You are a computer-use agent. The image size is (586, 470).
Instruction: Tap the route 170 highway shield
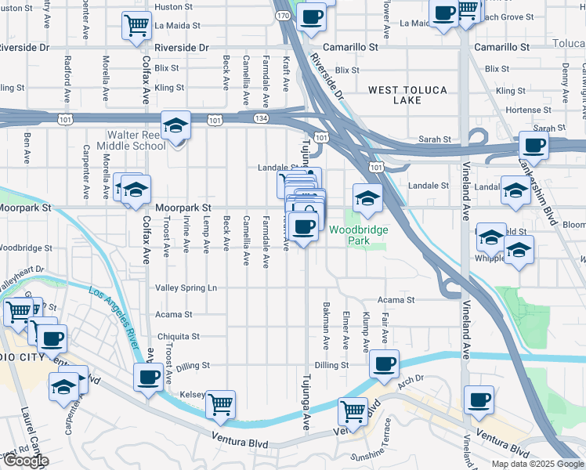284,15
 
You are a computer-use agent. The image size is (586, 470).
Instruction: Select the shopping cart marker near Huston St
137,25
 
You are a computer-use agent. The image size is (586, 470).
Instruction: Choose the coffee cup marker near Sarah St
535,145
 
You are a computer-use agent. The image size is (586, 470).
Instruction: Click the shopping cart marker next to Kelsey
221,404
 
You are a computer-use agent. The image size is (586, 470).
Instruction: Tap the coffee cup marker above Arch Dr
384,363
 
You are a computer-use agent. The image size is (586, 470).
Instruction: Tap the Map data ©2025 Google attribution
537,464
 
